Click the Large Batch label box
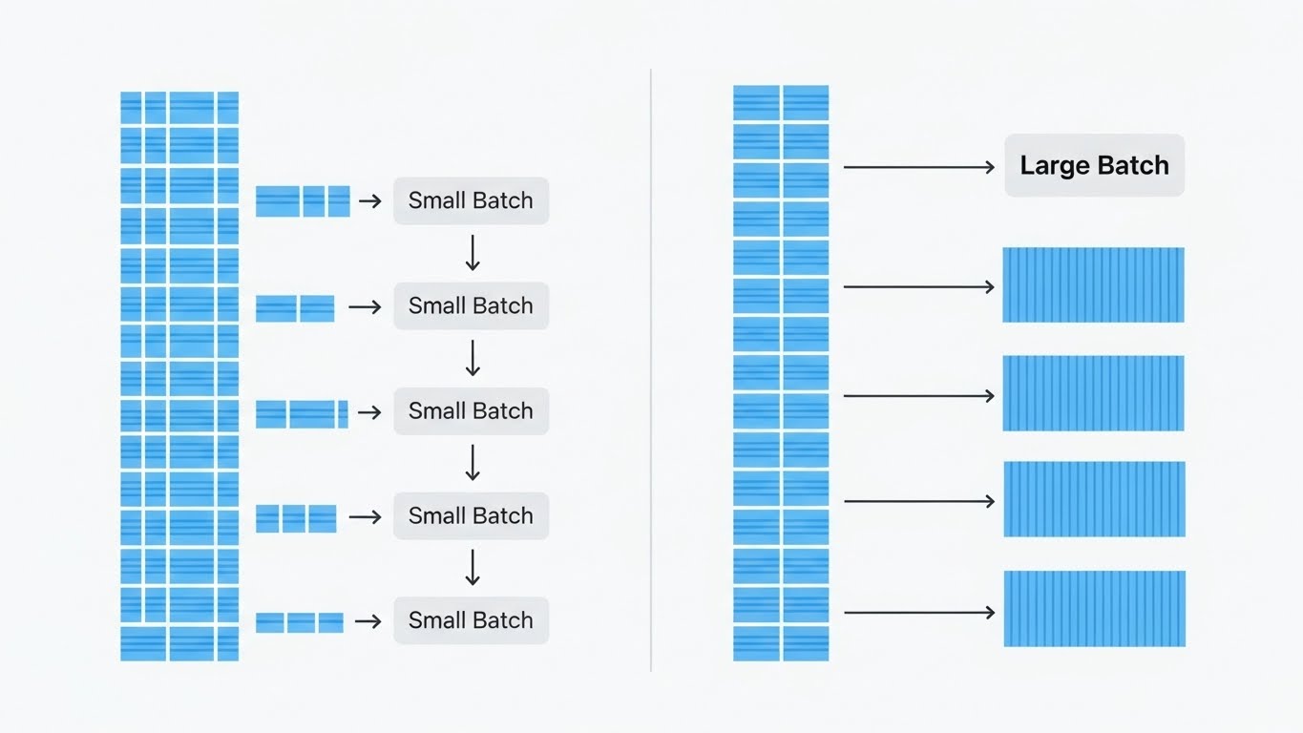point(1094,166)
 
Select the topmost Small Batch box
point(471,200)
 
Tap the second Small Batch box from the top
point(471,305)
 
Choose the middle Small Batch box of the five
point(471,410)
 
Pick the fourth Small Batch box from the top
point(471,515)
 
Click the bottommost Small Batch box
point(471,620)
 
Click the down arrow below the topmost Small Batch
point(472,252)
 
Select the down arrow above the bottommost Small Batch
point(472,567)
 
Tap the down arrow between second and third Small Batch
point(472,357)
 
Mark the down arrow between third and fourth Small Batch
point(472,462)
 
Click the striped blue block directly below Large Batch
point(1093,284)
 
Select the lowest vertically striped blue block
point(1094,609)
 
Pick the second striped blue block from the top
point(1093,393)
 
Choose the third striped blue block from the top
point(1094,499)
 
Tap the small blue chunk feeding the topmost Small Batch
point(303,201)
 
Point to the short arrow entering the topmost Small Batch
point(369,200)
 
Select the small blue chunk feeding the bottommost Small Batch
point(299,622)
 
